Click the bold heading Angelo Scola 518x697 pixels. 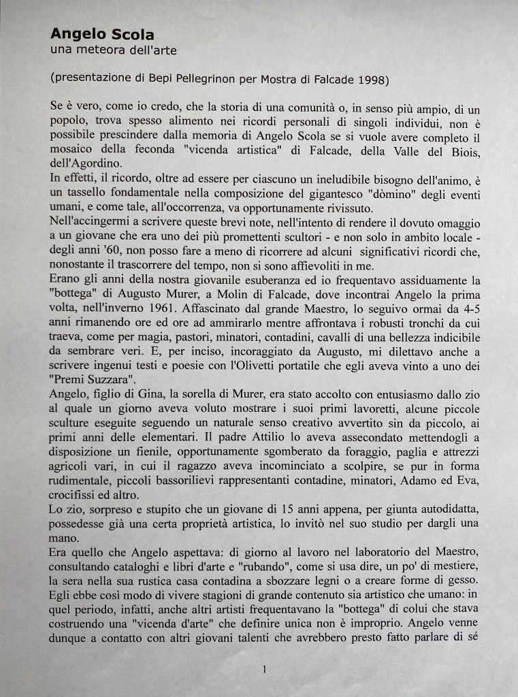(x=102, y=34)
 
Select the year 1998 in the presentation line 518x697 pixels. (x=371, y=80)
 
